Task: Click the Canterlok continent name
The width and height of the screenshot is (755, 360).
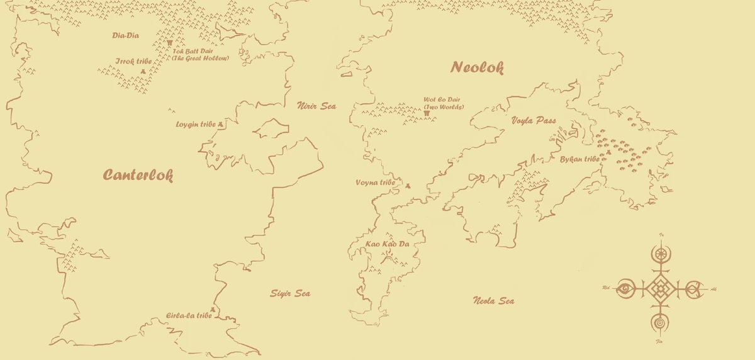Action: (138, 175)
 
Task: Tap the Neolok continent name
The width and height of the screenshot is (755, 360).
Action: (477, 67)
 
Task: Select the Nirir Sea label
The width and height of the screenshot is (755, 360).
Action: (316, 106)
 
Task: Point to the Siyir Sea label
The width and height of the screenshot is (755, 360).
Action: (290, 293)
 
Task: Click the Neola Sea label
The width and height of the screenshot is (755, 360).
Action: (493, 301)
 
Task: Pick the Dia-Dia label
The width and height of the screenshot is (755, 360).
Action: (125, 35)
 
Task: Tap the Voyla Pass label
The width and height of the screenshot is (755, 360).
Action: (534, 120)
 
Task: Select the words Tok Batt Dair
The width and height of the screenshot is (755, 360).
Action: (193, 51)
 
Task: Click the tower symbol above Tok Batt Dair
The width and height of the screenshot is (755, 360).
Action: (170, 42)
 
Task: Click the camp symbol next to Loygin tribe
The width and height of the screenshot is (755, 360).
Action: (220, 125)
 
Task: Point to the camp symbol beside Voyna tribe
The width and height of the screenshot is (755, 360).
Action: (408, 185)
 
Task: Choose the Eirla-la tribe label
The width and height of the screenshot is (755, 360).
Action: (188, 315)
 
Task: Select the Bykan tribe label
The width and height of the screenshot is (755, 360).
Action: (579, 159)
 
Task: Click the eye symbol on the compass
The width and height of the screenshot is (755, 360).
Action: (624, 288)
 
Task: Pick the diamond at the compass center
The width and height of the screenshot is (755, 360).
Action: (660, 288)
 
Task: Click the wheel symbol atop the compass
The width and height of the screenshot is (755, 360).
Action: (661, 254)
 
